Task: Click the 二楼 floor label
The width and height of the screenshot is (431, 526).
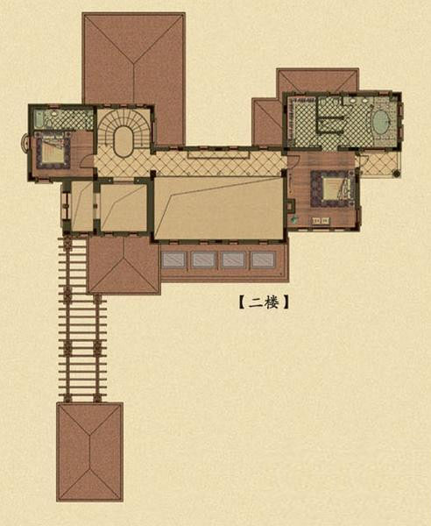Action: [x=264, y=302]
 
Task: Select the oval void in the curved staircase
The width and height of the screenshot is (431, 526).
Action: [x=124, y=141]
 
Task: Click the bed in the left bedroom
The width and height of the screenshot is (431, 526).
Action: [x=52, y=152]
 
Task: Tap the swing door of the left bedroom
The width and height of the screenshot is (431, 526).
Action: [x=87, y=161]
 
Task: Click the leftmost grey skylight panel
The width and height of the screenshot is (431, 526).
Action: [x=173, y=259]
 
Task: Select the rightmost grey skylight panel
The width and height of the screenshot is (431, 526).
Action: [x=263, y=259]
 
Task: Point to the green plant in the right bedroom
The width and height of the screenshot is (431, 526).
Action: [x=294, y=220]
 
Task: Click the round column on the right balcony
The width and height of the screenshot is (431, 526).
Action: [x=397, y=174]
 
